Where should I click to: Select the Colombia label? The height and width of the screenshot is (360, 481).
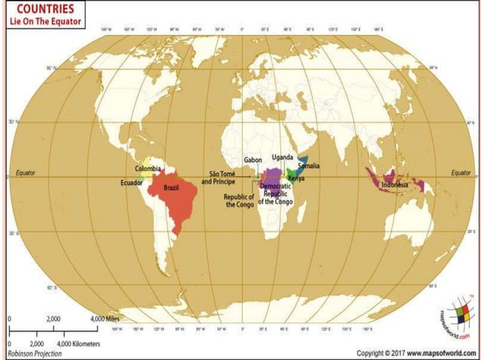(x=149, y=169)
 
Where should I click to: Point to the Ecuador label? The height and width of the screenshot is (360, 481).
(x=132, y=182)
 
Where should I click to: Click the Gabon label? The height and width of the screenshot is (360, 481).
(x=253, y=160)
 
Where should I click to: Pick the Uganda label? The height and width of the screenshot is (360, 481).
(x=282, y=157)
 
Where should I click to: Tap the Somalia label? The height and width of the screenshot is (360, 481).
(x=309, y=165)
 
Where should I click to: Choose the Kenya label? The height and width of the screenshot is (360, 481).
(x=296, y=178)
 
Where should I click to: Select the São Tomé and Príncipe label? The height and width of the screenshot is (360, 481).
(x=218, y=178)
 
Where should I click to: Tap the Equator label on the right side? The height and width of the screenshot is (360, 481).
(x=461, y=172)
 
